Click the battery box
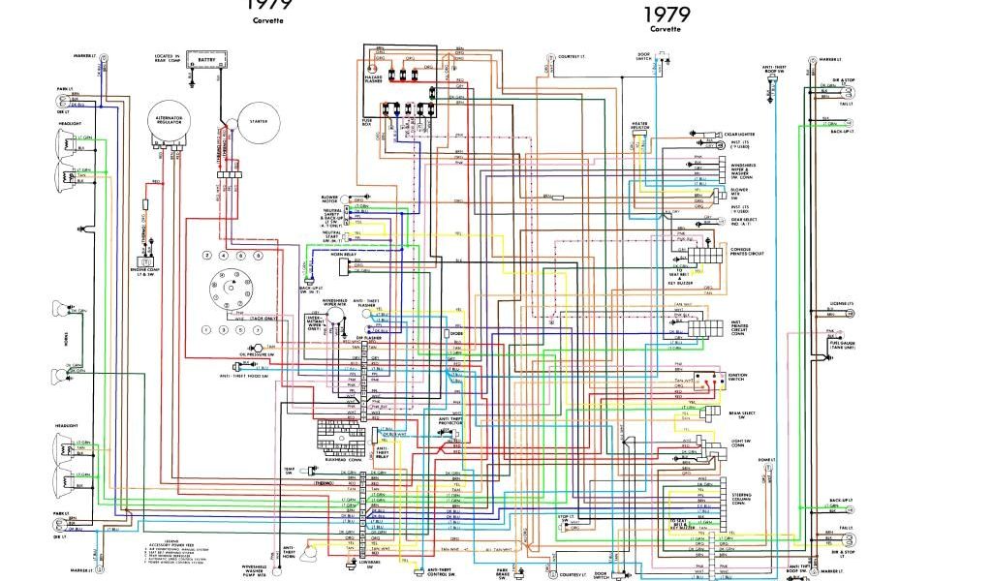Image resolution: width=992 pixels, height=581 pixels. pyautogui.click(x=206, y=61)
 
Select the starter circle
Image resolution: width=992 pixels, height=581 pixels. pyautogui.click(x=259, y=123)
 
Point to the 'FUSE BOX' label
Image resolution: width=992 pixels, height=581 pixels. pyautogui.click(x=368, y=122)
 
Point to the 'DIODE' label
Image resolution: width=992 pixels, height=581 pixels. pyautogui.click(x=456, y=334)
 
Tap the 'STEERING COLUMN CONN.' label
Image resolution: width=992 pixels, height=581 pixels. pyautogui.click(x=741, y=498)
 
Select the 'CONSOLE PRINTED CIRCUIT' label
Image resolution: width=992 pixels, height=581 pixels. pyautogui.click(x=743, y=252)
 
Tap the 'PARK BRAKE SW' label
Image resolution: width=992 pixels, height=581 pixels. pyautogui.click(x=504, y=573)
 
